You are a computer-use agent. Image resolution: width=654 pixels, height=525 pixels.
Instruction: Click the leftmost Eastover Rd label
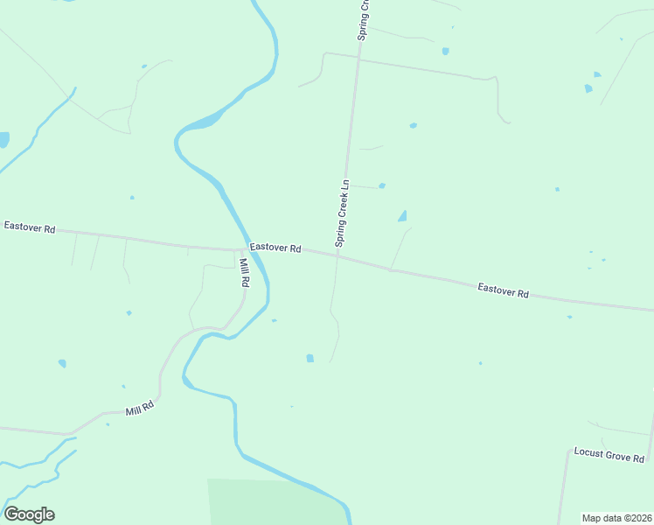(30, 227)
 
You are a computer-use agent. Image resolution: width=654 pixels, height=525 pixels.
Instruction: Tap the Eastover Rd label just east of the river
(275, 248)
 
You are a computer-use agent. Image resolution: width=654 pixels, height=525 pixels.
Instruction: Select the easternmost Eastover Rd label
(504, 290)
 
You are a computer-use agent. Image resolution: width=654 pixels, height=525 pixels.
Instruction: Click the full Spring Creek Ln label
(342, 213)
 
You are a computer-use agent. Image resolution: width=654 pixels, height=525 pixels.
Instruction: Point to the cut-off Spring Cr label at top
(365, 19)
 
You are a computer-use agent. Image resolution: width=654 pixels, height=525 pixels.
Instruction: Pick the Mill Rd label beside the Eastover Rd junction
(244, 272)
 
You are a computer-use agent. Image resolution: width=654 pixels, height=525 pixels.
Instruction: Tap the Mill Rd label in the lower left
(139, 408)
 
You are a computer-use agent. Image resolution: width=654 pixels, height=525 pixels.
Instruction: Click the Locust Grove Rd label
(609, 455)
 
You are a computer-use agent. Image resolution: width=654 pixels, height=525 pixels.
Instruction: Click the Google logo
(29, 514)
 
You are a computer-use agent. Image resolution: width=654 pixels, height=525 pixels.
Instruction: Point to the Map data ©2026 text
(616, 518)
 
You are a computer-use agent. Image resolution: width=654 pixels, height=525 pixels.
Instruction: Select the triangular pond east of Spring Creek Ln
(402, 216)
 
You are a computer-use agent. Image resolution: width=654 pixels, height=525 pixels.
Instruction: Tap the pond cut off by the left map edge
(3, 139)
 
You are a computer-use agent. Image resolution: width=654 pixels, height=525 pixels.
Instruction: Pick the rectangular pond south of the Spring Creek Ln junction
(310, 358)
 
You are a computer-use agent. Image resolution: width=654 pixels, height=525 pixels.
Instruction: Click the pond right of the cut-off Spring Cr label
(445, 51)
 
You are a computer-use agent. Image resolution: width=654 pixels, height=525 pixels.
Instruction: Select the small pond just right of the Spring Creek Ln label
(382, 185)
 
